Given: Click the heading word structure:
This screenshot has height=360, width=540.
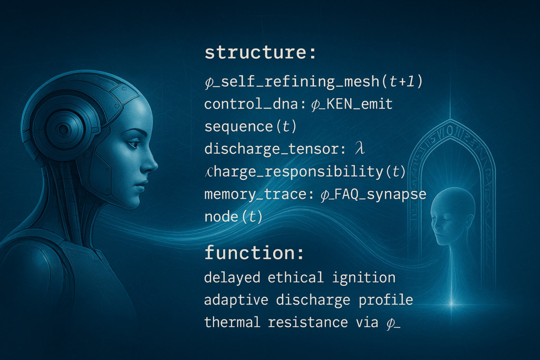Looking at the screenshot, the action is pos(260,53).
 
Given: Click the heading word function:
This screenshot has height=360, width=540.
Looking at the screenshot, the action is pos(254,253).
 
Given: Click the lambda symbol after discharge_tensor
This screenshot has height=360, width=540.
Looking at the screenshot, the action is pos(360,148).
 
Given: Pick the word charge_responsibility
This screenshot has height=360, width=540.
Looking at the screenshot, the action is pos(294,172).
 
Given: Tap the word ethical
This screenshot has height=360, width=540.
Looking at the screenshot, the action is pos(295,277).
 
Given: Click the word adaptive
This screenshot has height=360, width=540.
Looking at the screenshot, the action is pos(236,300).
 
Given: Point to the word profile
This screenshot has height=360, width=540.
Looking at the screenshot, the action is pos(385,300).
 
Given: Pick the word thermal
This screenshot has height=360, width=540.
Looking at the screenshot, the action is pos(232,322).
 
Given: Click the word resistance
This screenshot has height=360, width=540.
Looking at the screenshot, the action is pos(308,323).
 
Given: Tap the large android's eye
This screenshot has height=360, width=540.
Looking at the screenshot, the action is pos(133,143).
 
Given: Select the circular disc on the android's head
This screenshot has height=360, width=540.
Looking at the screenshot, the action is pos(63,129).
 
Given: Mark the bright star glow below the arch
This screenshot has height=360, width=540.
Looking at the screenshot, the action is pos(451,304).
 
